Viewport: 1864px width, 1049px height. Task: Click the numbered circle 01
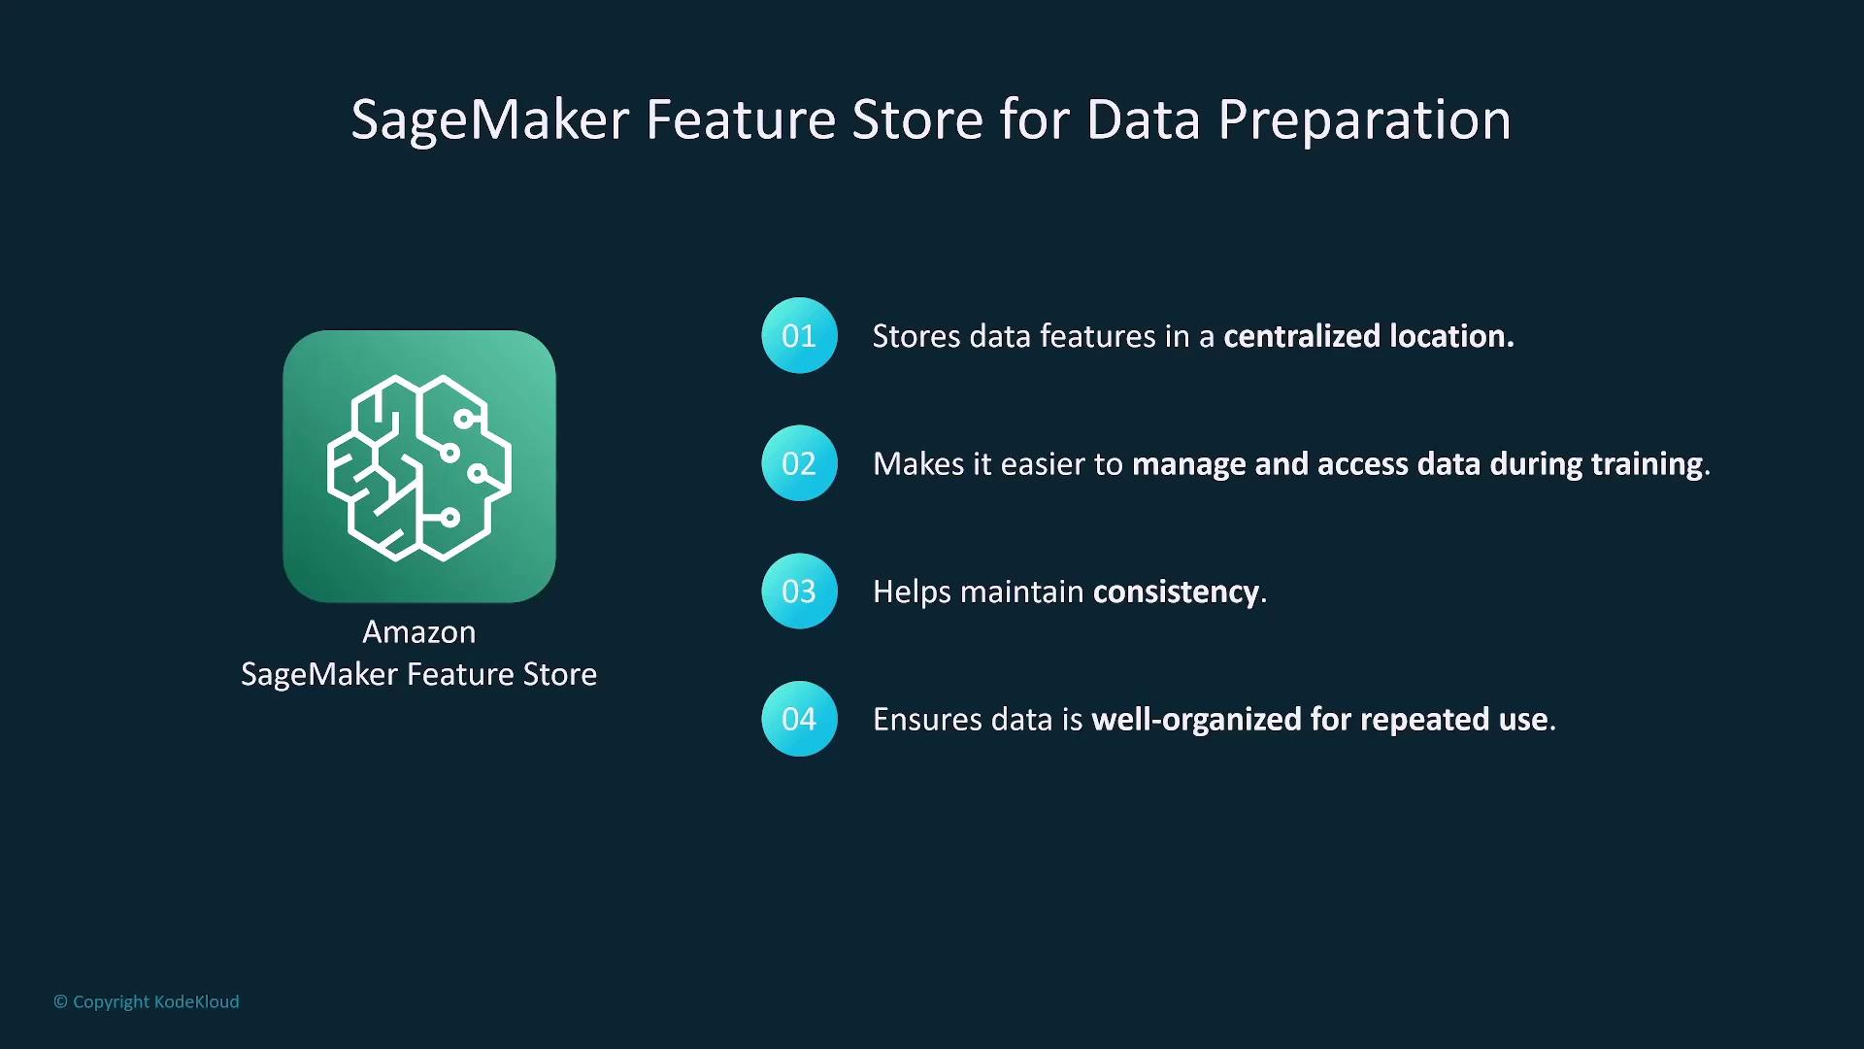point(799,335)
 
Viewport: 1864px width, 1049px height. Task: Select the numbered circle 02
point(799,463)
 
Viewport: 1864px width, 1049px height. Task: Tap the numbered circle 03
point(799,592)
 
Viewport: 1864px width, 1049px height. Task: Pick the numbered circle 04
point(799,719)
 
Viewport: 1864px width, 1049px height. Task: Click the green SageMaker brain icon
point(419,466)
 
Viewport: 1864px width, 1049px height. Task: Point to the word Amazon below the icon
point(419,632)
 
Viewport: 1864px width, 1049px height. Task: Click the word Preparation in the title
point(1364,120)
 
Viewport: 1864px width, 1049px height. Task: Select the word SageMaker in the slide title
point(490,120)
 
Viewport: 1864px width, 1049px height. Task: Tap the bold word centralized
point(1302,336)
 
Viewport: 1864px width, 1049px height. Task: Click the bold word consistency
point(1176,592)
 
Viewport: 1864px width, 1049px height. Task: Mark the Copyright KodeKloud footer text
point(147,1001)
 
